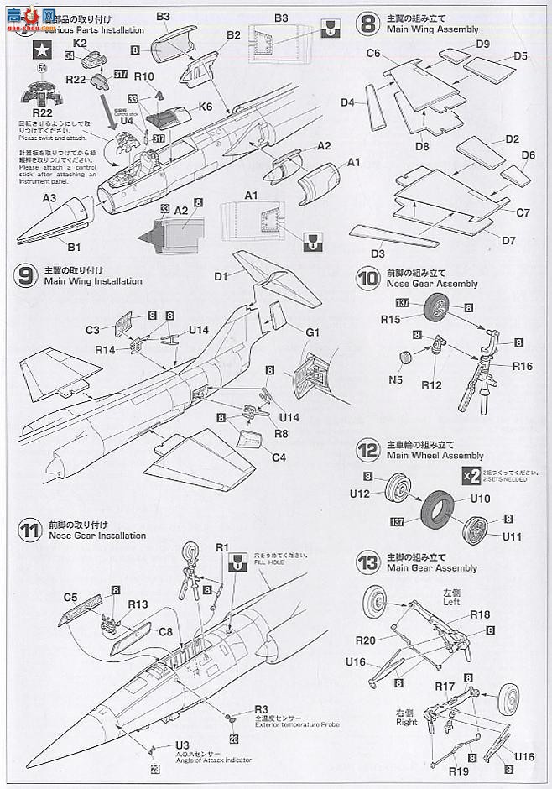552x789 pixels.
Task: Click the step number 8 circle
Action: (366, 23)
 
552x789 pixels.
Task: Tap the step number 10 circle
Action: (366, 278)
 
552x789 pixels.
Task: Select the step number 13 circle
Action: (366, 562)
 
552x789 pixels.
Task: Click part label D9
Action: (482, 43)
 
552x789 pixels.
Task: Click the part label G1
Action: (313, 332)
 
